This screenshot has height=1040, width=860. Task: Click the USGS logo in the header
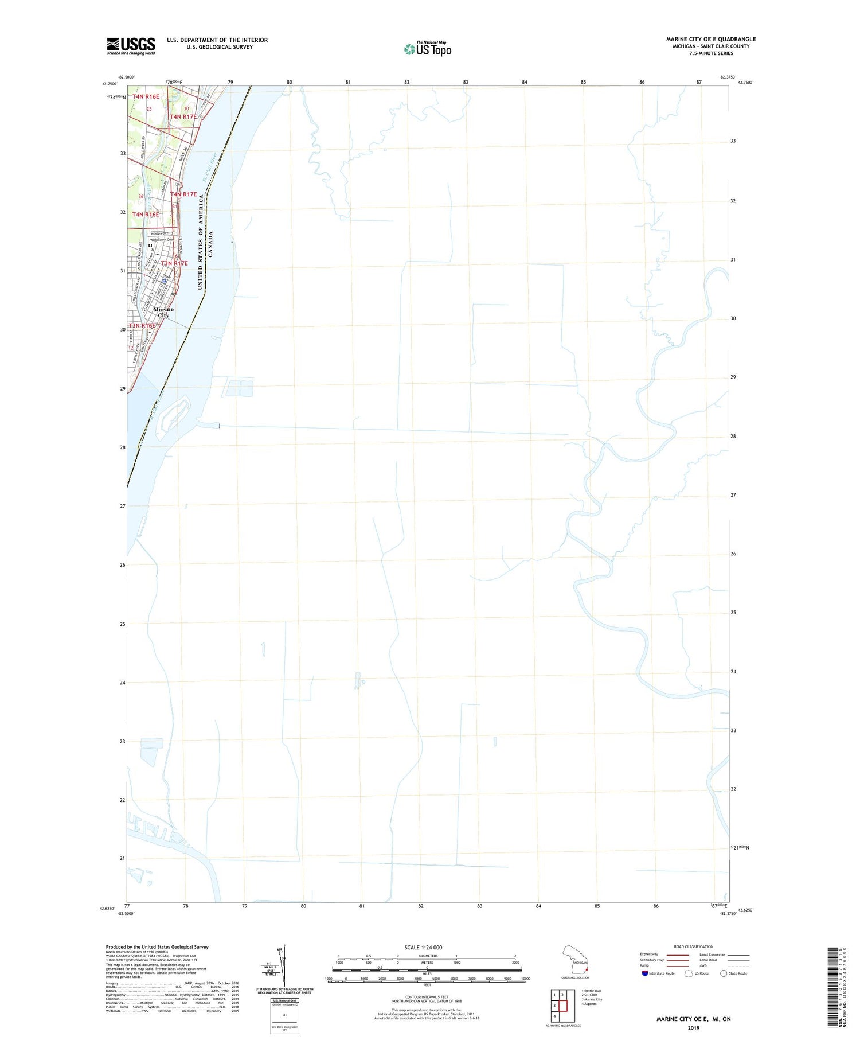tap(131, 46)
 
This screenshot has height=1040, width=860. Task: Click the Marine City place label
tap(163, 312)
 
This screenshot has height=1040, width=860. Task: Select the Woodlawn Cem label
tap(162, 240)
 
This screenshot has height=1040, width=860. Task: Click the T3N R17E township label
tap(174, 263)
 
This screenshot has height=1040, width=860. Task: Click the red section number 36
tap(141, 197)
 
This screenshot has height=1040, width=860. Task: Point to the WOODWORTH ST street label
tap(162, 233)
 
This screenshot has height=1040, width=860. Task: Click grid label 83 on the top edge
tap(466, 82)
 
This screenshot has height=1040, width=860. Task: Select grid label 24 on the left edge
tap(122, 683)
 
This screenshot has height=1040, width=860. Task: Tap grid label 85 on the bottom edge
tap(597, 906)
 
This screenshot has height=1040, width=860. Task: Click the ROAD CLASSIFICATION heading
tap(693, 946)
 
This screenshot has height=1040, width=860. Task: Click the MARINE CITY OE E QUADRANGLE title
tap(710, 39)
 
